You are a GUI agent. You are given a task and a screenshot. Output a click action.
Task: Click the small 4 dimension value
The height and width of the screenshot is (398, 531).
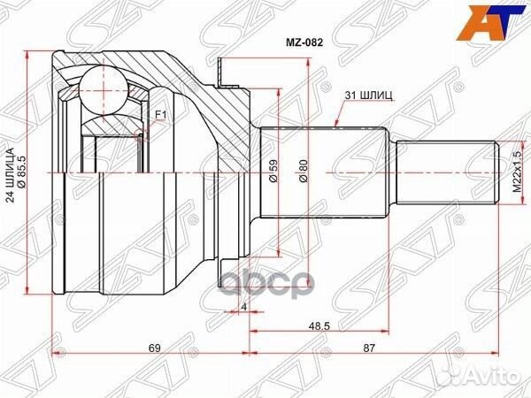[242, 307]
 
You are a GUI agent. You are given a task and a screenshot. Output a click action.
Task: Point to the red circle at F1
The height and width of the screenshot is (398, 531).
[140, 134]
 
